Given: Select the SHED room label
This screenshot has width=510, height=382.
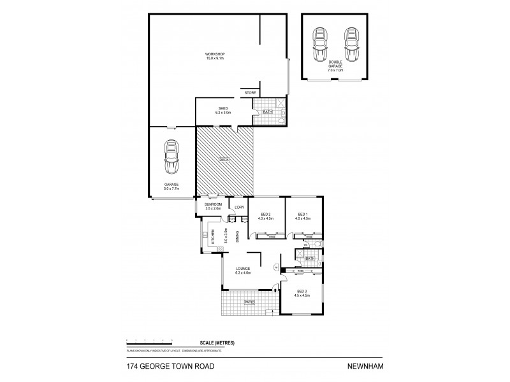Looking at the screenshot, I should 223,108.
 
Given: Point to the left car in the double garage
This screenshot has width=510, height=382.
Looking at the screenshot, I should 317,44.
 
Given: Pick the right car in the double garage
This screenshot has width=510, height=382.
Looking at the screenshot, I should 349,44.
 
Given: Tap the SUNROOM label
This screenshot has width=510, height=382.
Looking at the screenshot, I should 212,204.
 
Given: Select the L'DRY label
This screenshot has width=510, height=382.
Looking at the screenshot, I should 240,208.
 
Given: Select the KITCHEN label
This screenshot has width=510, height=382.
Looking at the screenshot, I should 214,237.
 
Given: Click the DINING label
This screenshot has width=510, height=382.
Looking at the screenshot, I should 237,236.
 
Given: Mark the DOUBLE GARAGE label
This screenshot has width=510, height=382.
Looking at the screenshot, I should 335,66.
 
